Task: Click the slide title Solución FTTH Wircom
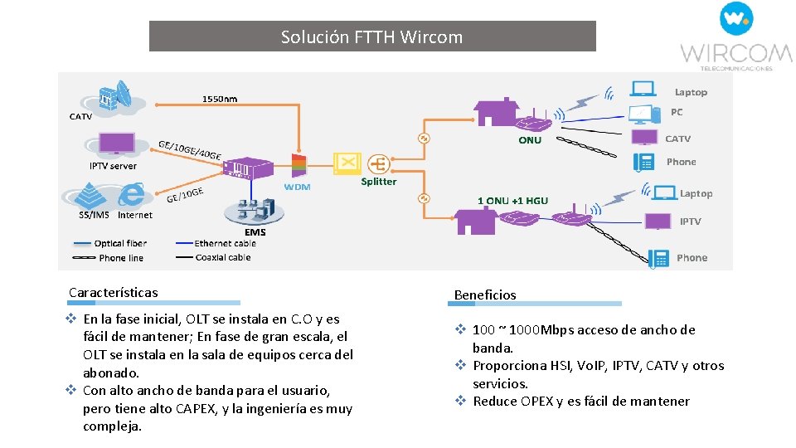click(371, 37)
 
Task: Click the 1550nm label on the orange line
click(220, 100)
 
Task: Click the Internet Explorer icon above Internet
click(132, 195)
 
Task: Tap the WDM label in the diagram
click(297, 187)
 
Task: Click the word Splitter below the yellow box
click(378, 182)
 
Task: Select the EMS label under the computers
click(255, 231)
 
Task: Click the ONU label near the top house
click(529, 140)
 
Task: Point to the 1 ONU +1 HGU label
click(512, 201)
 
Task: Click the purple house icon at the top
click(496, 113)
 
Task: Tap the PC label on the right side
click(677, 112)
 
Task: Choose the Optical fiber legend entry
click(120, 244)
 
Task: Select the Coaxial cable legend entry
click(222, 258)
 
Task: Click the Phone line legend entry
click(120, 258)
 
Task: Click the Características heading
click(113, 292)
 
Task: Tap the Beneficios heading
click(485, 295)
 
